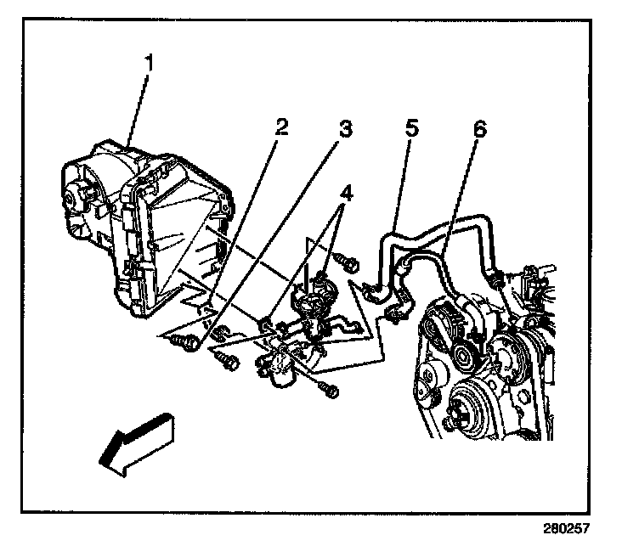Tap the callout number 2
click(x=281, y=127)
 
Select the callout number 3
click(x=345, y=129)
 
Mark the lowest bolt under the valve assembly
click(x=328, y=391)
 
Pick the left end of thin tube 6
click(x=395, y=316)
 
